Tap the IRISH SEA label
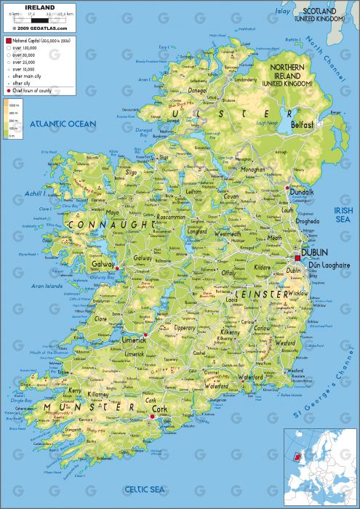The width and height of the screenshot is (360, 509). (343, 215)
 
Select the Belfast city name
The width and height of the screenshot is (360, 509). (302, 125)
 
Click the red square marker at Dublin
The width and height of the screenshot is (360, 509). (297, 258)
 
